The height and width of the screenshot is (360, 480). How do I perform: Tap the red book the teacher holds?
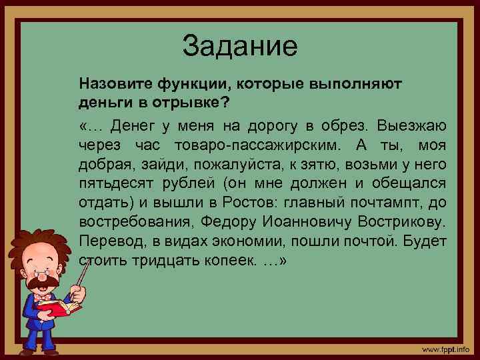(57, 309)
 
